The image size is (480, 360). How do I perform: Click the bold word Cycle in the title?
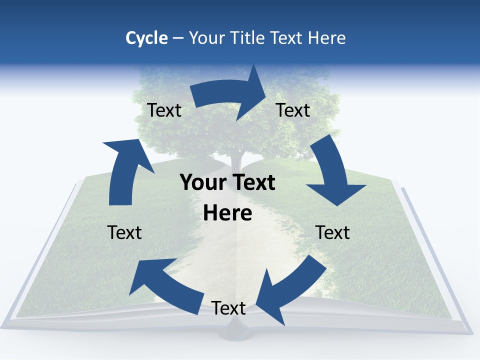click(x=146, y=38)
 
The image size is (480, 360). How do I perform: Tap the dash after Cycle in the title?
click(x=177, y=38)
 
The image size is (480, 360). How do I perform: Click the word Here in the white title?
click(x=327, y=38)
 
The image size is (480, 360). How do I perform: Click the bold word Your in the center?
click(x=200, y=183)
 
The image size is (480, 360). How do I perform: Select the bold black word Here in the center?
click(x=227, y=213)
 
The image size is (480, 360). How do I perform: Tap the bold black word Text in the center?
click(x=254, y=183)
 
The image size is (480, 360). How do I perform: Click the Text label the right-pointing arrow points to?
click(x=293, y=110)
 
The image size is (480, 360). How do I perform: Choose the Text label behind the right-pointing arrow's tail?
click(x=164, y=110)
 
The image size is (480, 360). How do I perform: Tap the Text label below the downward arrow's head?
click(x=332, y=232)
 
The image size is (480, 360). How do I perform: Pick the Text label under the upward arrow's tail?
click(x=124, y=232)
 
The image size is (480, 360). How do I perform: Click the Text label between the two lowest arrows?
click(x=228, y=308)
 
